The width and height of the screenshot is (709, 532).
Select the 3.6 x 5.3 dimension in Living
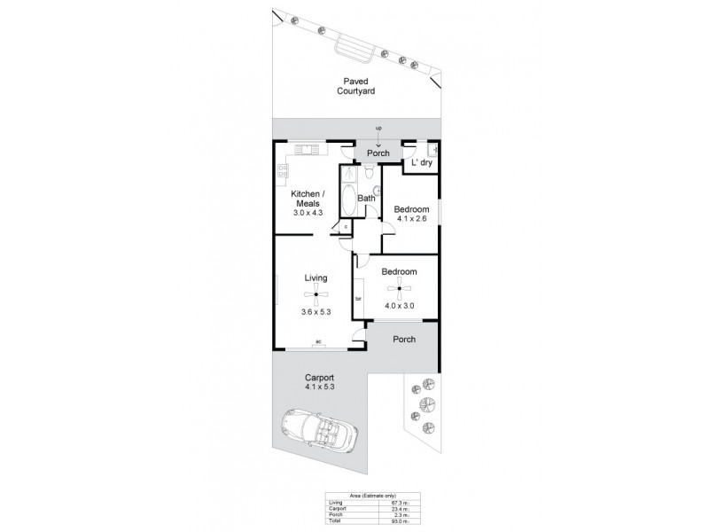(316, 312)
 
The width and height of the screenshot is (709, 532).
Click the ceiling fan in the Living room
(316, 296)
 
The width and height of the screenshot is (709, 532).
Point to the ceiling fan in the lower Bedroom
(400, 288)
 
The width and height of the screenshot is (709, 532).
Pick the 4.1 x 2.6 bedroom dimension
(411, 220)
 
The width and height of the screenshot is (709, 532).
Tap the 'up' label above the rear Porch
(378, 129)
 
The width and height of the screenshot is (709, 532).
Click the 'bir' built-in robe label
(358, 298)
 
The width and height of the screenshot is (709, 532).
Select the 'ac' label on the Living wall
(317, 341)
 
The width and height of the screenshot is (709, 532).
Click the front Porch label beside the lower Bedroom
(403, 338)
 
